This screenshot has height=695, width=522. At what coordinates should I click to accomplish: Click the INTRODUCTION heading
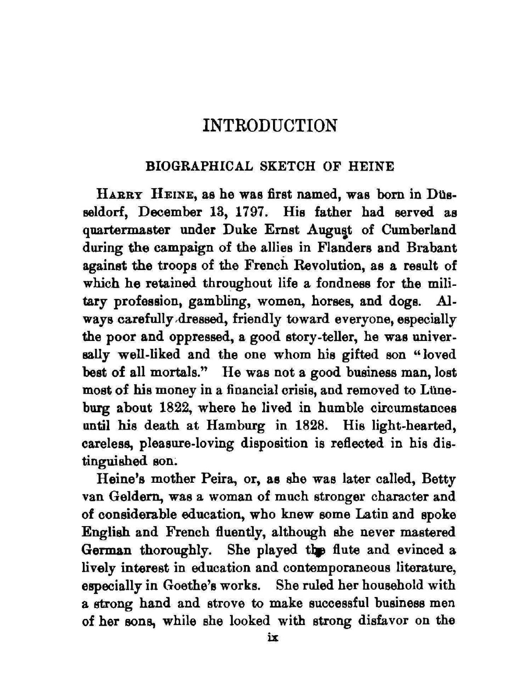[x=269, y=126]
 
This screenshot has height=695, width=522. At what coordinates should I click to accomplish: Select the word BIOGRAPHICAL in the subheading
[x=198, y=166]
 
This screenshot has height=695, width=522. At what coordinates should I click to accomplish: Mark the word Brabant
[x=431, y=248]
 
